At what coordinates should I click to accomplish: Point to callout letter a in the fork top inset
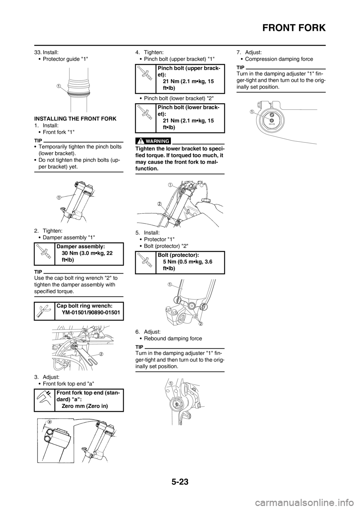[x=49, y=421]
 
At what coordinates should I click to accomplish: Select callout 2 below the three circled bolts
[x=201, y=323]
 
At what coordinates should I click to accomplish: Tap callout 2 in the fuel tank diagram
[x=159, y=204]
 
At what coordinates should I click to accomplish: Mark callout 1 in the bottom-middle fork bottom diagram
[x=170, y=383]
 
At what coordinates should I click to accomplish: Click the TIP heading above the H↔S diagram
[x=240, y=67]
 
